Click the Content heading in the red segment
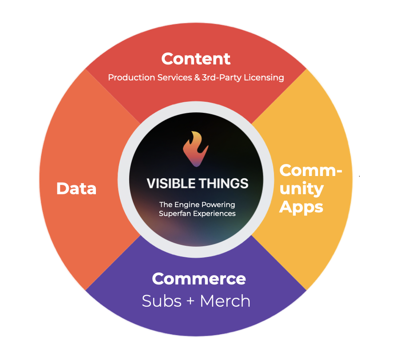click(x=196, y=59)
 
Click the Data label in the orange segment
click(x=76, y=189)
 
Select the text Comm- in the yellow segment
click(x=311, y=171)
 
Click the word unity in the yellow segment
click(x=302, y=189)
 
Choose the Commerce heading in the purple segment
click(x=198, y=279)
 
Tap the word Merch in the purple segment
click(x=225, y=301)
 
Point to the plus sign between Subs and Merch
click(x=191, y=302)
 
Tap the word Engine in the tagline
click(x=187, y=205)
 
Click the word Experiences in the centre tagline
click(x=212, y=213)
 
